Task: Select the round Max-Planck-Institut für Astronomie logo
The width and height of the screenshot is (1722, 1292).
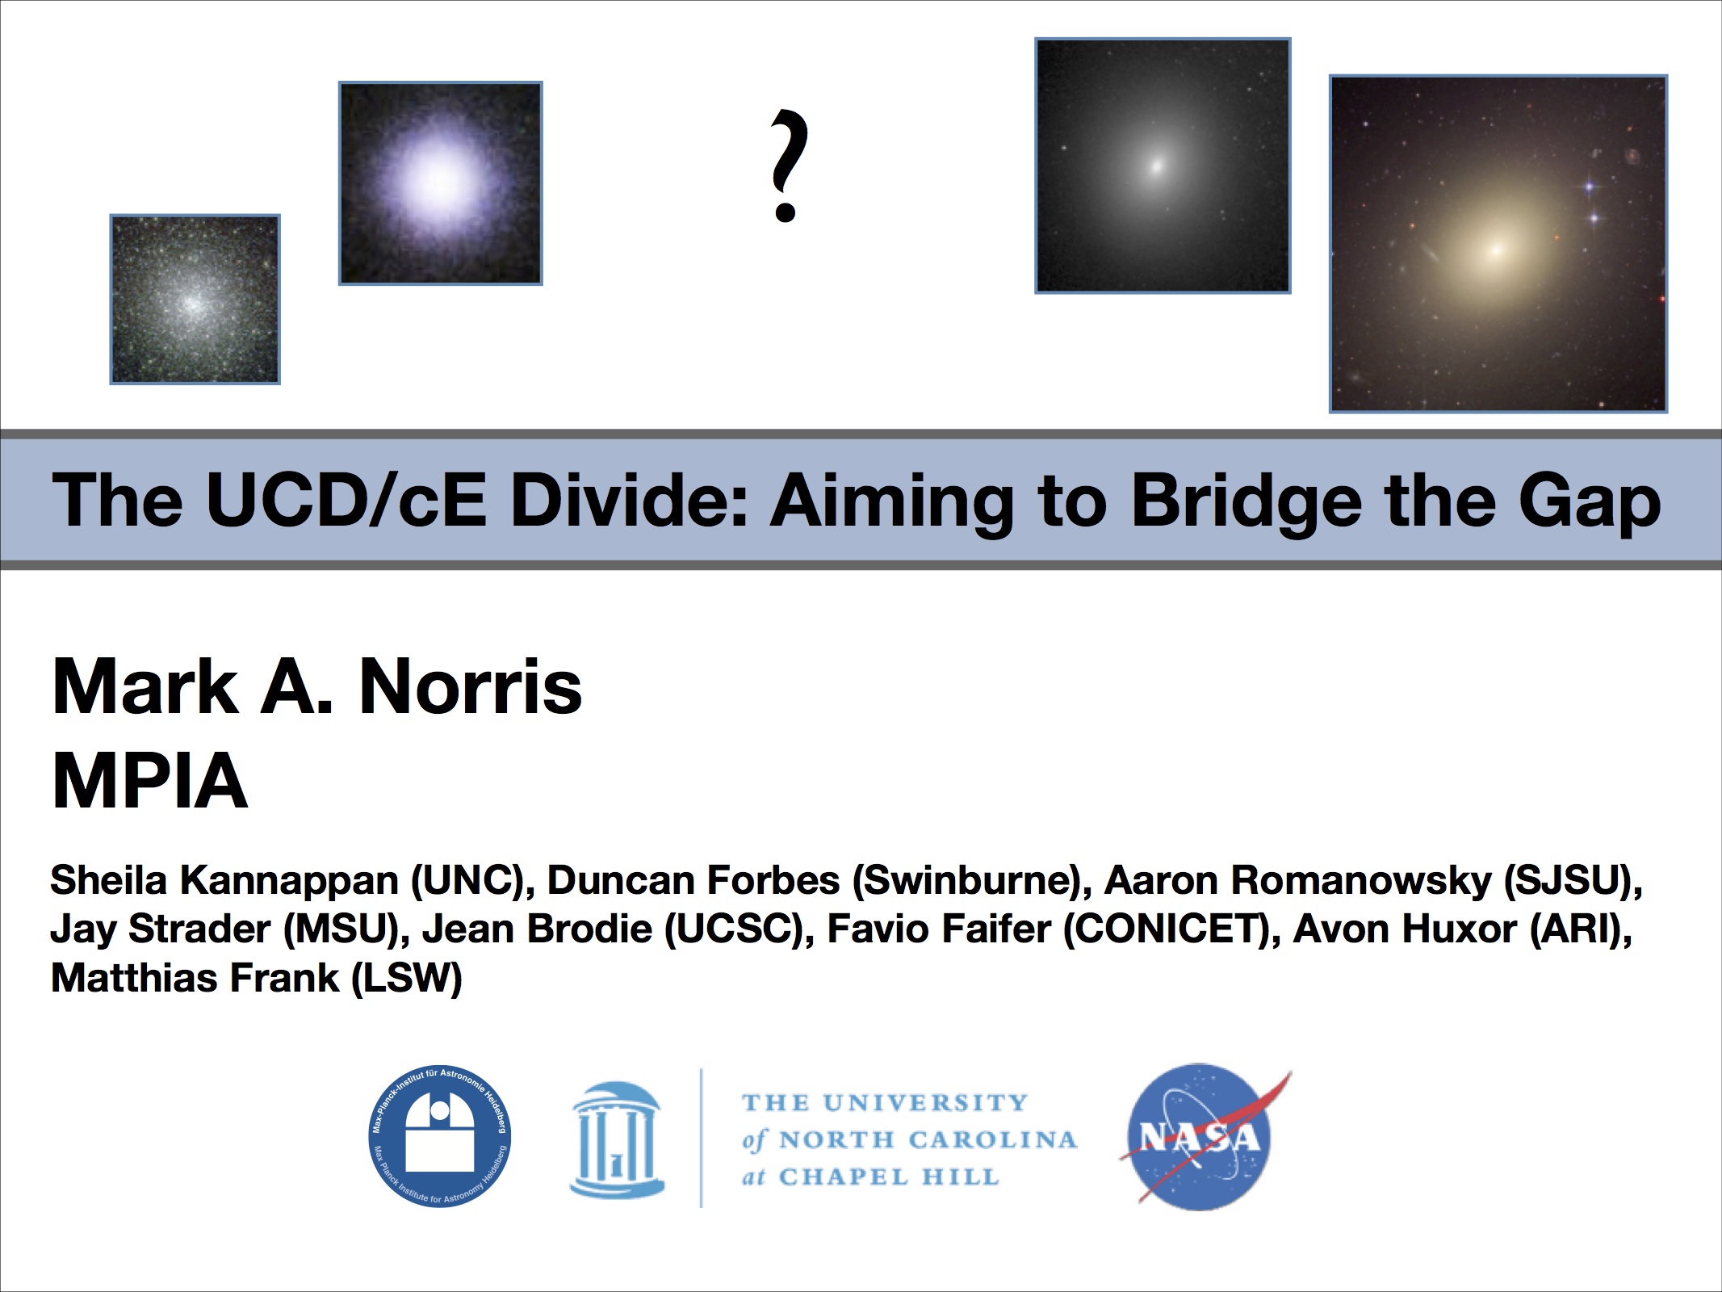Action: [x=440, y=1136]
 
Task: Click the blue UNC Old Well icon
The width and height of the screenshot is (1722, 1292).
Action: [x=618, y=1139]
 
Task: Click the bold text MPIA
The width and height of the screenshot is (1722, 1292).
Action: [x=149, y=780]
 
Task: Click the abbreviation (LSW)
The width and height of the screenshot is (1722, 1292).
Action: [x=407, y=978]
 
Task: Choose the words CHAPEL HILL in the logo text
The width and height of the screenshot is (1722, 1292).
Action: [x=889, y=1177]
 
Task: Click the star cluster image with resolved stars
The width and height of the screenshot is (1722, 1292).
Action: [x=195, y=300]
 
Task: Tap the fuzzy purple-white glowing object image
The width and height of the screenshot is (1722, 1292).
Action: [x=440, y=183]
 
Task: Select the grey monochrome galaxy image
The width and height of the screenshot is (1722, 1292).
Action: [x=1163, y=166]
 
